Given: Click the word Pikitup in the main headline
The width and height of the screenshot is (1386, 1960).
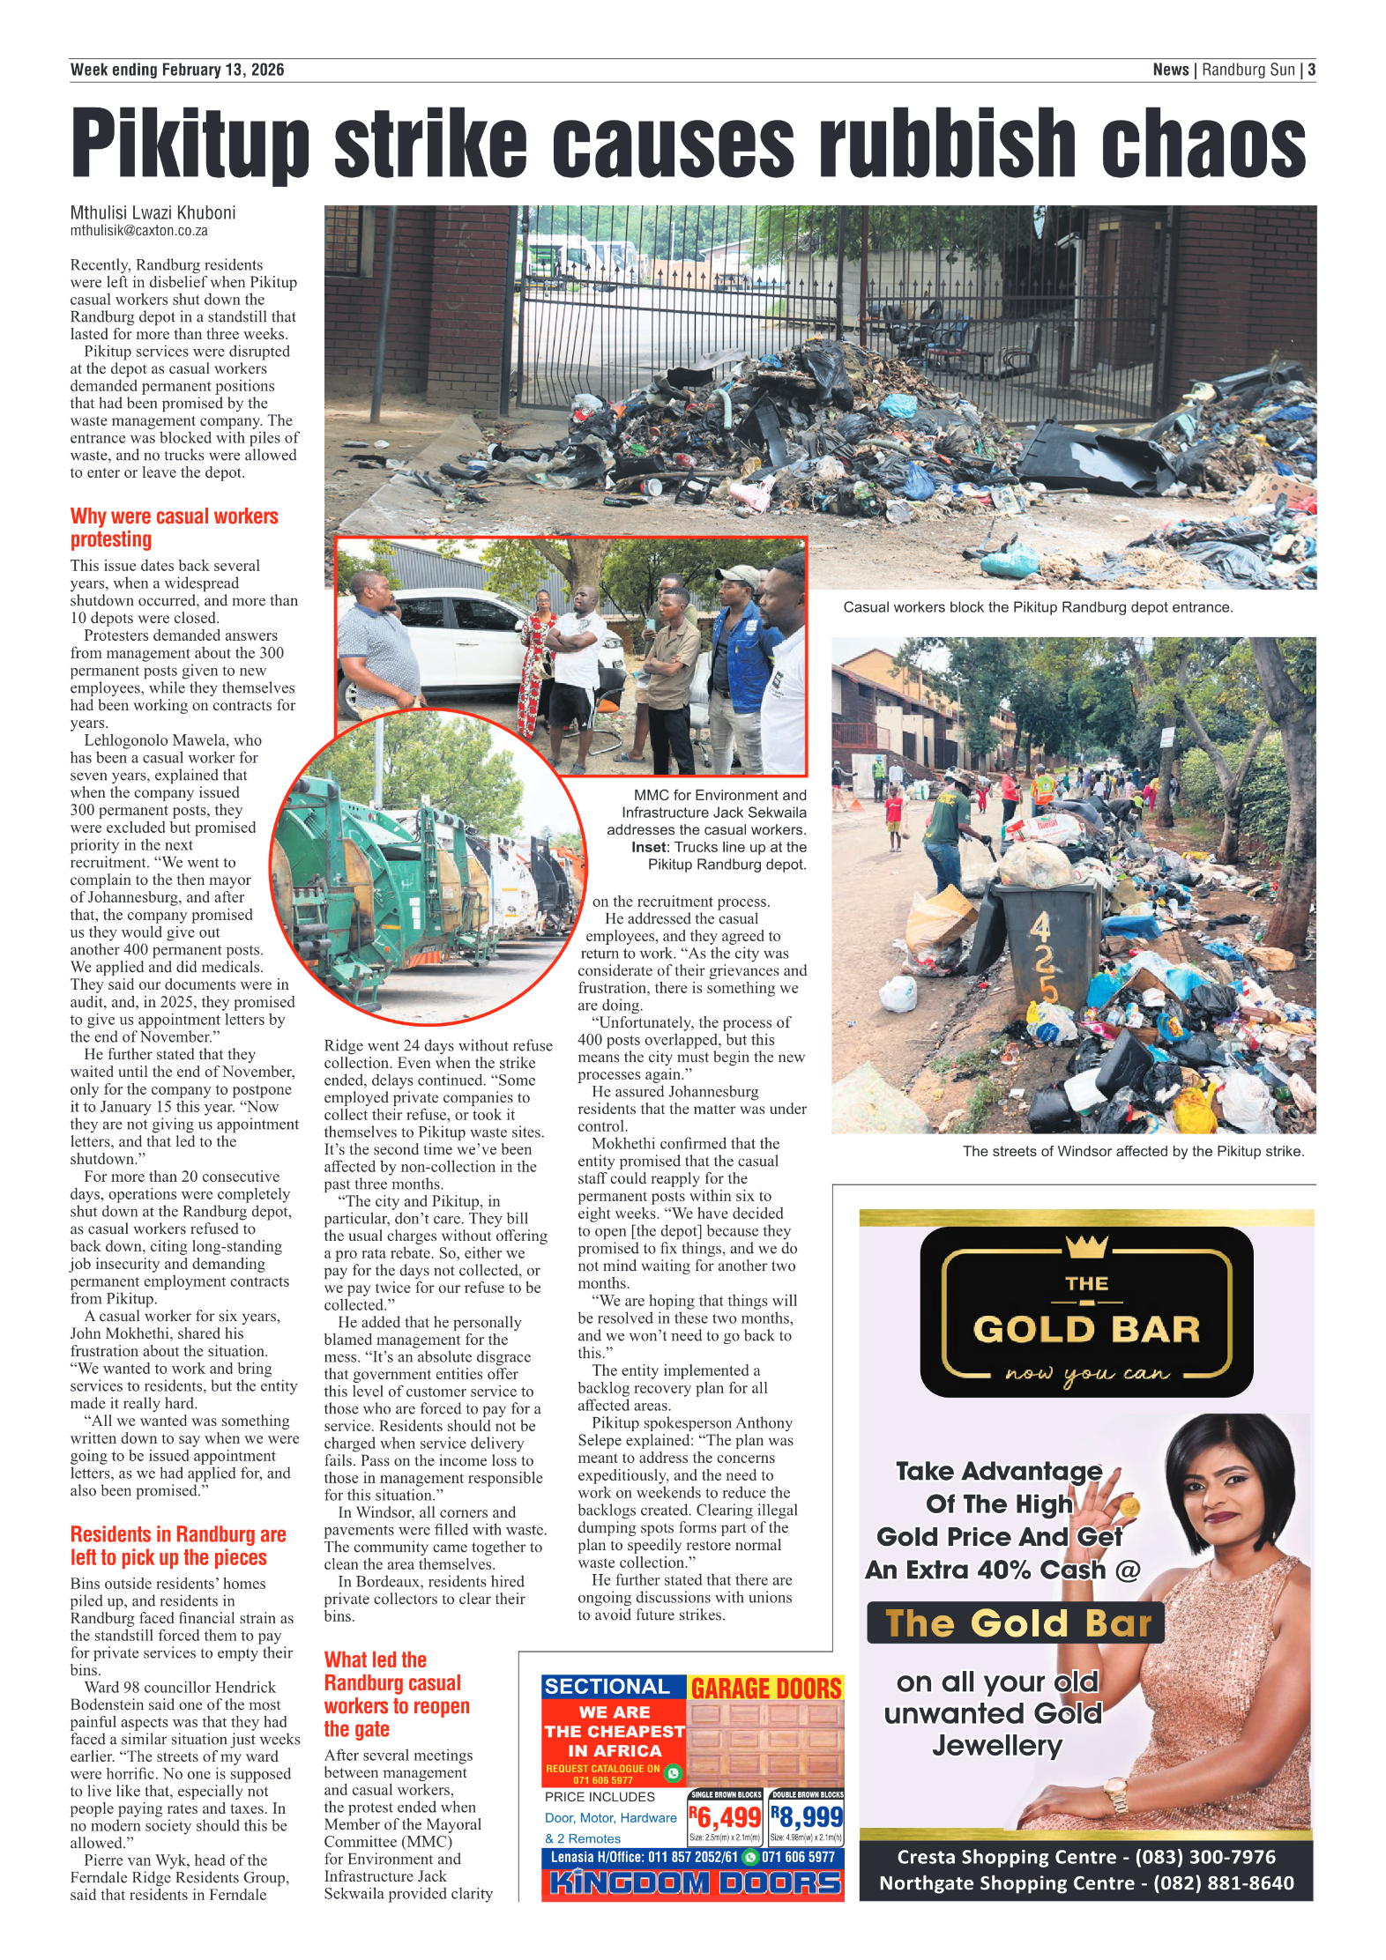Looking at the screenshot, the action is [190, 143].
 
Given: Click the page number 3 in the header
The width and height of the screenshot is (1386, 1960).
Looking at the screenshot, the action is [1311, 70].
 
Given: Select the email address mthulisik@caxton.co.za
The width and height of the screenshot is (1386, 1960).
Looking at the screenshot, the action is [139, 231].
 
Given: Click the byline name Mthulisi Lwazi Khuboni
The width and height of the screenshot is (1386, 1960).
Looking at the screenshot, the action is [153, 212].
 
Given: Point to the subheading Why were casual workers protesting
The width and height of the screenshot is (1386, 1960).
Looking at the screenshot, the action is [174, 527].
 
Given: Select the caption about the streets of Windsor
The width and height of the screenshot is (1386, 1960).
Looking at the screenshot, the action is [1133, 1151].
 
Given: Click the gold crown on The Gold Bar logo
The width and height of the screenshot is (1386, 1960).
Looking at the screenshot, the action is [1086, 1246].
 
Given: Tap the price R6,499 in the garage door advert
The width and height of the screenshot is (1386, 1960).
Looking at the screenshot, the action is [725, 1816].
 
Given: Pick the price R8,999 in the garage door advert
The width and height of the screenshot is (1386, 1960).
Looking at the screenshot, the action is [807, 1816].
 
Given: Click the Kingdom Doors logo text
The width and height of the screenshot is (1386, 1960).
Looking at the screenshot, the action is [694, 1882].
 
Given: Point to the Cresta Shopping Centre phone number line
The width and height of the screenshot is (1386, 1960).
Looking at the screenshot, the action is [1085, 1856].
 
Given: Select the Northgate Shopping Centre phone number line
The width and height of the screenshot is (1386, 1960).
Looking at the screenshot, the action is [1085, 1882].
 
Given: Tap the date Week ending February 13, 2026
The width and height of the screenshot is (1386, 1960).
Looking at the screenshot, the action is [177, 70].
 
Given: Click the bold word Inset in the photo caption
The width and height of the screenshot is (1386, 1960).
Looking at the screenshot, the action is [648, 847].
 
